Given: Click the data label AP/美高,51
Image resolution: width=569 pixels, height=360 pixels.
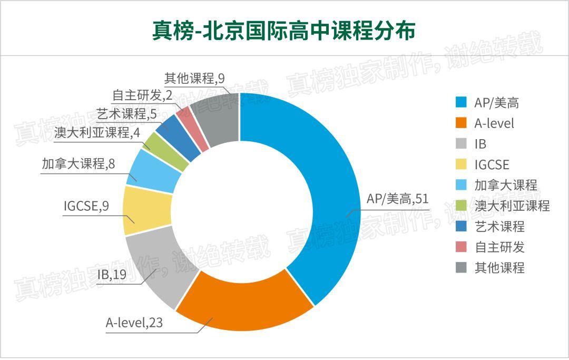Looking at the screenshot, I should click(397, 199).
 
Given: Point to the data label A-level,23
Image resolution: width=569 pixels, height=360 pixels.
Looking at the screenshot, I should click(134, 323).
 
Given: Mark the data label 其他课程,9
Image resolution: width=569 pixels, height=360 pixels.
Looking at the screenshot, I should click(194, 79).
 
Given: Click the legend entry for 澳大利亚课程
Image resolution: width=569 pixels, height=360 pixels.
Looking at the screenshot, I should click(503, 206).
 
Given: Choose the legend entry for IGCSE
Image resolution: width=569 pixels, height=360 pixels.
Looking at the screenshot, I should click(483, 164).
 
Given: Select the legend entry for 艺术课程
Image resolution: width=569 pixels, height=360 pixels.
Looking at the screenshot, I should click(490, 227).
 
